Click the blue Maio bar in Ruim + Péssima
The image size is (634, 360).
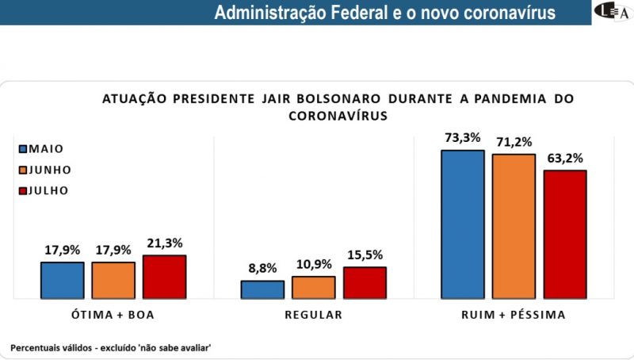(463, 224)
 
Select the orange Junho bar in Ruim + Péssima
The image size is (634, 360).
(514, 227)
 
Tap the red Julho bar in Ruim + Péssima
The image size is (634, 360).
(564, 235)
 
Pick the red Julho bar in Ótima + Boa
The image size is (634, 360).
(164, 277)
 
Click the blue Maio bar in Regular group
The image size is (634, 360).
(262, 289)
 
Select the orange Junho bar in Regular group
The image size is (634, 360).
(313, 287)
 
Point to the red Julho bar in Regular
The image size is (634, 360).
(365, 283)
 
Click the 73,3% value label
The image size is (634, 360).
(463, 137)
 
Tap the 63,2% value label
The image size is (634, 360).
(564, 158)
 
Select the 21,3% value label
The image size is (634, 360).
(164, 243)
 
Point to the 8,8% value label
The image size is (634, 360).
(262, 268)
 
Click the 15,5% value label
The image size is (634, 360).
(365, 255)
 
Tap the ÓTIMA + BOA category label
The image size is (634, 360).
(113, 315)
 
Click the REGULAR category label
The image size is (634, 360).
(313, 315)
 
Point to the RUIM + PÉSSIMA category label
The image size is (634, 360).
(514, 315)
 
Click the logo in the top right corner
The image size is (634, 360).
(613, 12)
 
